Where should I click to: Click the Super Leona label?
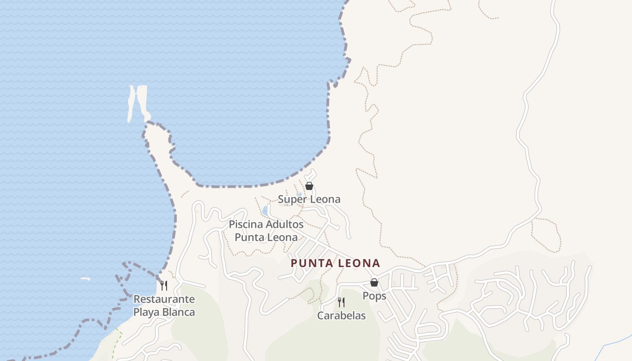coord(309,199)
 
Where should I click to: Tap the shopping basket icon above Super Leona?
coord(309,186)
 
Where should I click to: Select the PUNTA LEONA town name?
coord(335,263)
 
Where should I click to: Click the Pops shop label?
coord(374,296)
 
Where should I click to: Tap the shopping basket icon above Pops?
coord(374,282)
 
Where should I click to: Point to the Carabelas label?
coord(341,315)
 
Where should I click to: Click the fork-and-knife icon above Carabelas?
coord(341,302)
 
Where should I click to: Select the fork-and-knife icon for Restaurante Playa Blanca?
coord(164,285)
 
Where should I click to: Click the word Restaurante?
coord(164,299)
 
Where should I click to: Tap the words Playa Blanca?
coord(164,312)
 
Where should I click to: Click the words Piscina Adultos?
coord(266,224)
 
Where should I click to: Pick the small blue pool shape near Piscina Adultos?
coord(265,211)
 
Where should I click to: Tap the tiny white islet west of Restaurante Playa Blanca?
coord(85,279)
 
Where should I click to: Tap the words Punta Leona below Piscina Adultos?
coord(266,237)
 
